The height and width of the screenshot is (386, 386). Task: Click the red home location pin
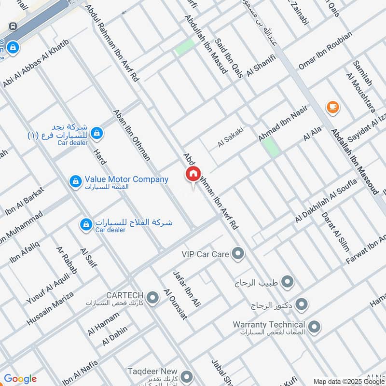(193, 174)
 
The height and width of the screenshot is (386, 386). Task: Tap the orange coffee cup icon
(332, 107)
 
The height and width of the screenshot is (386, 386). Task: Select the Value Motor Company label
(126, 179)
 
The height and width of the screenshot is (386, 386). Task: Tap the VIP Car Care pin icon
(237, 253)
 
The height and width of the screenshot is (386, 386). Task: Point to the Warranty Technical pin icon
(314, 328)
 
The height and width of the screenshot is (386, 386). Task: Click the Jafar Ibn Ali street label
(186, 289)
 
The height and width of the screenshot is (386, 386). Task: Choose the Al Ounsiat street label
(175, 304)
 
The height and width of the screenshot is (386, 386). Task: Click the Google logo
(20, 379)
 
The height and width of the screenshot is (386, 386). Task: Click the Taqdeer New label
(152, 371)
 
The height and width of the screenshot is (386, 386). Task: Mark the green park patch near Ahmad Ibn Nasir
(272, 147)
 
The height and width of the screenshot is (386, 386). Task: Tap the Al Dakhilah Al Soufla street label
(326, 201)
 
